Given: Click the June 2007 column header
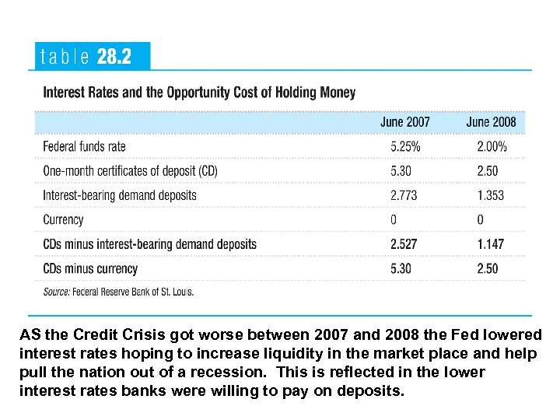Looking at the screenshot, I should click(404, 122).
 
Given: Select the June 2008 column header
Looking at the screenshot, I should click(491, 122).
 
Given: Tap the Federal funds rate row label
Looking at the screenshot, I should click(84, 146).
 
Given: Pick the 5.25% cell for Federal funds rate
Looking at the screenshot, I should click(405, 146).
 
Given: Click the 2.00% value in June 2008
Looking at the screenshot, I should click(492, 146).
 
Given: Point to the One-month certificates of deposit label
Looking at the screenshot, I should click(130, 170).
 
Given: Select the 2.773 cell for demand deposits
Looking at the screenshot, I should click(404, 195).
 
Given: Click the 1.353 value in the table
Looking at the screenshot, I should click(490, 195).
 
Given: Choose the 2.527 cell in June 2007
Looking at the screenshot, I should click(404, 244).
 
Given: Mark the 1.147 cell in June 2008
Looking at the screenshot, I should click(490, 244).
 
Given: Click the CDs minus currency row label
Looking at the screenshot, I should click(90, 269).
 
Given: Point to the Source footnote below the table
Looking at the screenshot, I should click(118, 292).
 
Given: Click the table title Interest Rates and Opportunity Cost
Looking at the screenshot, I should click(199, 93).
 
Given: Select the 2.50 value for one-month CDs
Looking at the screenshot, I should click(488, 170).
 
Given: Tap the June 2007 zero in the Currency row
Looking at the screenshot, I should click(394, 220).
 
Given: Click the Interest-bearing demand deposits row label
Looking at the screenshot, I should click(120, 195).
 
